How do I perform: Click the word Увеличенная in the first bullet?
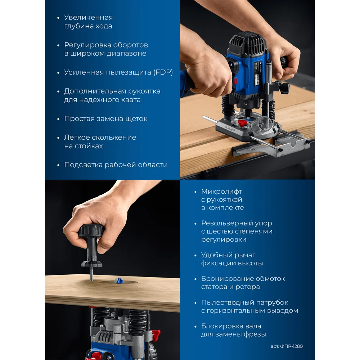pyautogui.click(x=89, y=17)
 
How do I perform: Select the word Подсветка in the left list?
pyautogui.click(x=84, y=165)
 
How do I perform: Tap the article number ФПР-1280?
pyautogui.click(x=291, y=346)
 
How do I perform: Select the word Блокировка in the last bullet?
pyautogui.click(x=231, y=326)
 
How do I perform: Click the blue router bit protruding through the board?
pyautogui.click(x=119, y=280)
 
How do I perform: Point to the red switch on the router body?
pyautogui.click(x=235, y=81)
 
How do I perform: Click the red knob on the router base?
pyautogui.click(x=242, y=122)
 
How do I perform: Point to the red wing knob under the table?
pyautogui.click(x=155, y=333)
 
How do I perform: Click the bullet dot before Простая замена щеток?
pyautogui.click(x=58, y=119)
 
